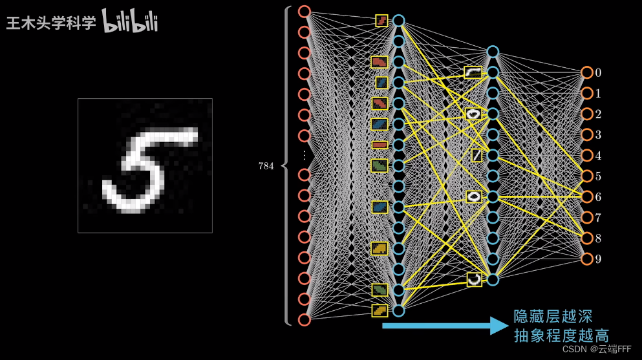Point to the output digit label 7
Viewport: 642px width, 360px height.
[x=598, y=218]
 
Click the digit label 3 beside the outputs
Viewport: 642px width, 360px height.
[x=598, y=134]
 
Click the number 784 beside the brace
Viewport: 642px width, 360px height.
[x=266, y=165]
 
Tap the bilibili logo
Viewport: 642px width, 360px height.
[x=130, y=21]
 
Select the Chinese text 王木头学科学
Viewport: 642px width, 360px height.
[x=51, y=23]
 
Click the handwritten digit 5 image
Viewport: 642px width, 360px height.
[x=145, y=165]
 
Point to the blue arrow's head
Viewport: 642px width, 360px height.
[x=500, y=326]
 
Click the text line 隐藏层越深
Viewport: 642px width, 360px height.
[x=553, y=316]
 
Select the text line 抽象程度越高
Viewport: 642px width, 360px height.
[x=561, y=335]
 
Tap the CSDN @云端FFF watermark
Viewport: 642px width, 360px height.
[x=597, y=349]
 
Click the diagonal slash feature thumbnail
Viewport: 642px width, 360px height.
[x=476, y=156]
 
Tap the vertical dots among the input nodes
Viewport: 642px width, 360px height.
[x=305, y=155]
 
